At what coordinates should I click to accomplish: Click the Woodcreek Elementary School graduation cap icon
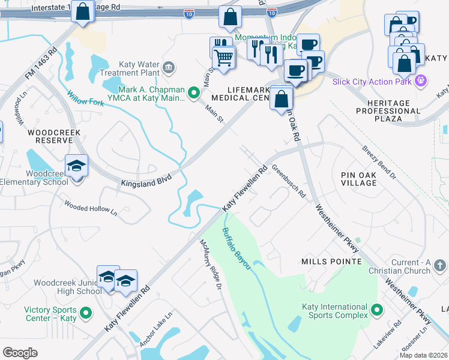point(77,166)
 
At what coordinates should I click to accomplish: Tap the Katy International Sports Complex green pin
point(377,310)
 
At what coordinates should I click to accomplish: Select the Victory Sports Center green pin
point(85,313)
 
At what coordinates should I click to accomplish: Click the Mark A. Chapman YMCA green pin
point(193,92)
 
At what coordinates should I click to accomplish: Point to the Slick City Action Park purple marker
point(421,80)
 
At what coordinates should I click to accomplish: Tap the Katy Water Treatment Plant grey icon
point(169,66)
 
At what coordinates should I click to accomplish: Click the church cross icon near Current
point(439,265)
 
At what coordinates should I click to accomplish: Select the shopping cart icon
point(223,58)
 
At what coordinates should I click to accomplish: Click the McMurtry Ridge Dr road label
point(211,265)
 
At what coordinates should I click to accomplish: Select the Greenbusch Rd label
point(289,182)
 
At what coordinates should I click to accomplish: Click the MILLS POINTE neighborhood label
point(331,262)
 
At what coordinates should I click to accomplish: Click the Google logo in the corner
point(20,353)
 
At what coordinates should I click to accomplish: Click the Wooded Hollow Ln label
point(91,207)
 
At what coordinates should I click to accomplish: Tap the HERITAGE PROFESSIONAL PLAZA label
point(387,111)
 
